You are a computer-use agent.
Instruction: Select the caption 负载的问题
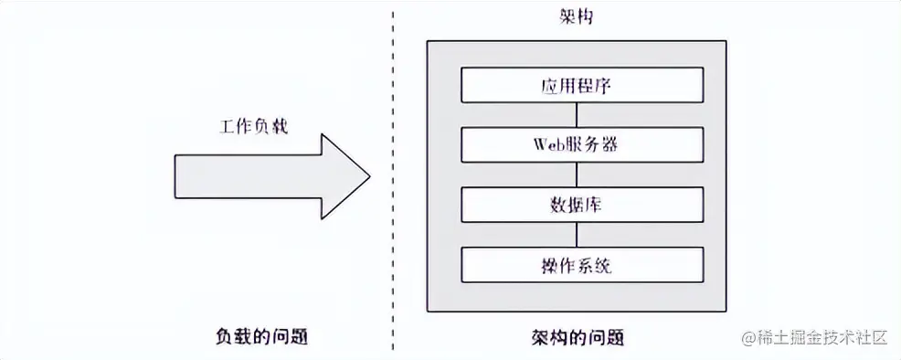pos(259,337)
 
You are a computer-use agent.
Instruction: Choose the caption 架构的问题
pos(576,337)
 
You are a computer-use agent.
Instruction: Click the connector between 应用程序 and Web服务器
pos(576,115)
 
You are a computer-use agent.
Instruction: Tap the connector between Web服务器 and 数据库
pos(576,174)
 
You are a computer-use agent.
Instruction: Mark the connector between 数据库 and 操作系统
pos(576,234)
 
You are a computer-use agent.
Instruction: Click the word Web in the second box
pos(547,144)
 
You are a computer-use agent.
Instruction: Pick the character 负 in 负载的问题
pos(220,337)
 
